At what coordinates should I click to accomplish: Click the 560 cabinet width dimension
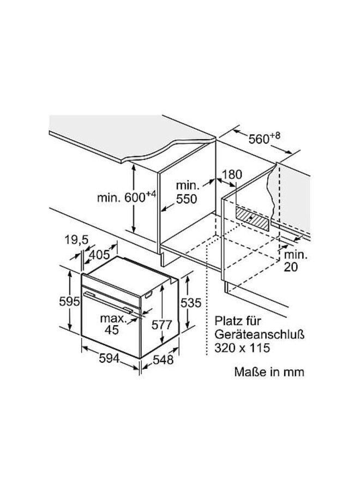tap(264, 138)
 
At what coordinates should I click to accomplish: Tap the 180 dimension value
tap(231, 175)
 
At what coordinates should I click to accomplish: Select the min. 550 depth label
tap(187, 192)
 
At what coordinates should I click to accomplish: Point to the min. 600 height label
tap(127, 196)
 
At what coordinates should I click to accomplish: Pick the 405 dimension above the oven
tap(99, 255)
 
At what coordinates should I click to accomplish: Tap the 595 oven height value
tap(69, 301)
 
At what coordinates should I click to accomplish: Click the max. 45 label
tap(112, 324)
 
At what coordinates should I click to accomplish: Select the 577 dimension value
tap(161, 325)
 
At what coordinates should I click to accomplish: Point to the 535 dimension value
tap(191, 302)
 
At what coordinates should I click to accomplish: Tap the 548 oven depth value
tap(163, 360)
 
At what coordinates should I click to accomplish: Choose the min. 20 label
tap(296, 261)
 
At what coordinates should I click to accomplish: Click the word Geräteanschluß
tap(260, 334)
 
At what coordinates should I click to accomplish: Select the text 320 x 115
tap(242, 348)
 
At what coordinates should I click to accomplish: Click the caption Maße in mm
tap(269, 372)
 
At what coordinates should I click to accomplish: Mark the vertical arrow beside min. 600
tap(134, 199)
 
